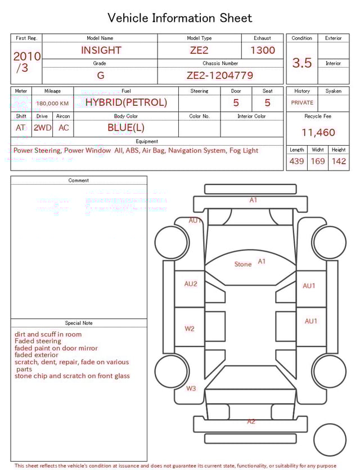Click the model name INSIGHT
(x=101, y=50)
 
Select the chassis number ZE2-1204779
(x=220, y=75)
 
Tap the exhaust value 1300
(x=263, y=50)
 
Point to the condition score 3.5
(x=302, y=63)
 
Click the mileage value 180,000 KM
(x=52, y=104)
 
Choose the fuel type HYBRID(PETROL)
(x=126, y=102)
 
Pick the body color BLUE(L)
(x=126, y=127)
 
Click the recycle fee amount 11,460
(x=318, y=133)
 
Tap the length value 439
(x=296, y=161)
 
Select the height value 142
(x=339, y=161)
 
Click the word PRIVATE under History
(x=302, y=103)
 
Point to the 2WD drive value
(x=42, y=128)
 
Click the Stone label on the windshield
(x=243, y=264)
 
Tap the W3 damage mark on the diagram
(x=191, y=388)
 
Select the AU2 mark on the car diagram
(x=191, y=284)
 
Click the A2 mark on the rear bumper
(x=251, y=421)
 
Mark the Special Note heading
(x=79, y=323)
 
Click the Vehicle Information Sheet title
(x=180, y=18)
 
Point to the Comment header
(x=79, y=181)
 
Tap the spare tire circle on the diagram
(x=330, y=440)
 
